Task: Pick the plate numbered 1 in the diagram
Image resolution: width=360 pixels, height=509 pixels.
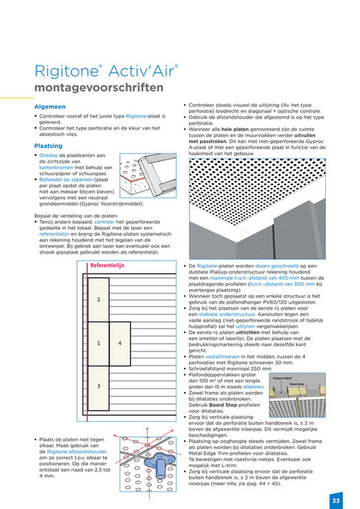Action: click(x=98, y=343)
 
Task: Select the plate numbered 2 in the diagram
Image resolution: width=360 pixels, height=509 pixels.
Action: click(x=98, y=300)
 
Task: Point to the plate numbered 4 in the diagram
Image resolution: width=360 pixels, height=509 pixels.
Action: click(x=120, y=343)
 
